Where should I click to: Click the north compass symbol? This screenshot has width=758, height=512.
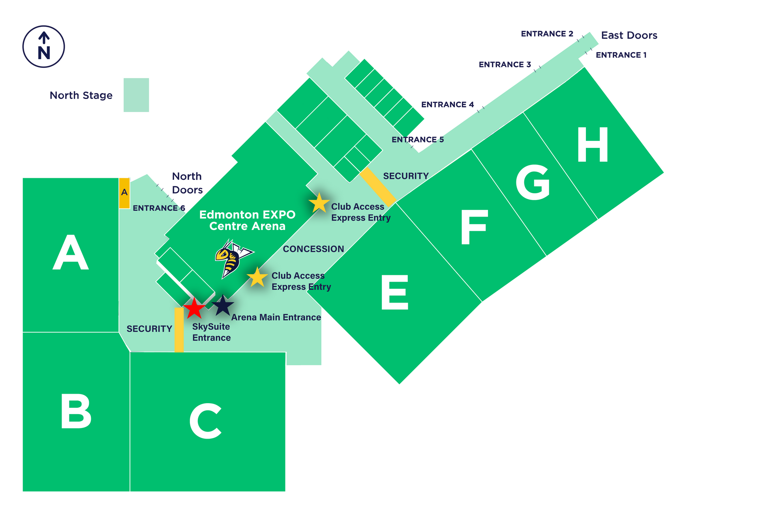[43, 47]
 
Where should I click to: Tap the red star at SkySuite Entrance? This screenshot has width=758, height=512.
[194, 308]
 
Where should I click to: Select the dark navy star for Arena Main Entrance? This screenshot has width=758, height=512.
[223, 305]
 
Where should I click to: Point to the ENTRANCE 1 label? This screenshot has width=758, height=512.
[621, 55]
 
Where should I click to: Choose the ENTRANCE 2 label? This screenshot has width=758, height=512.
[547, 34]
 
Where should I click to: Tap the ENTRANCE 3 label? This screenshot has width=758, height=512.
[505, 65]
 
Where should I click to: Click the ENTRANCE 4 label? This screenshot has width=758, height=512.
[447, 105]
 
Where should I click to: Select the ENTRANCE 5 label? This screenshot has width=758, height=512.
[418, 140]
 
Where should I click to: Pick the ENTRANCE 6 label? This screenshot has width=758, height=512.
[159, 208]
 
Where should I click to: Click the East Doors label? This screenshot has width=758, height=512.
[629, 36]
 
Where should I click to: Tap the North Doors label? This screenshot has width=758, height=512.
[187, 183]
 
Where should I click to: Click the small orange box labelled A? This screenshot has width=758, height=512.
[124, 193]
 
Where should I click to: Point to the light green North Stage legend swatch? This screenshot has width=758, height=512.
[136, 95]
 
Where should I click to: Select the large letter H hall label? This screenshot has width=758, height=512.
[593, 145]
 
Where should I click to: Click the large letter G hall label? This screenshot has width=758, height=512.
[533, 182]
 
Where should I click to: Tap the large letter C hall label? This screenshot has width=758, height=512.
[205, 421]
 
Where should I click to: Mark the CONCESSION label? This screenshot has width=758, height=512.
[313, 249]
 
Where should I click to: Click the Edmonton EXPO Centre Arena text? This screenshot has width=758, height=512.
[247, 220]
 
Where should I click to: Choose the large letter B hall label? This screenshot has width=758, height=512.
[76, 411]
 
